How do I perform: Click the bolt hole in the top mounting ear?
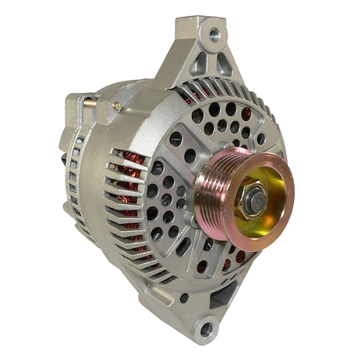click(214, 35)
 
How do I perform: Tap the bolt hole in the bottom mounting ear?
click(206, 329)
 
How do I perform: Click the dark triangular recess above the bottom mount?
click(222, 298)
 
